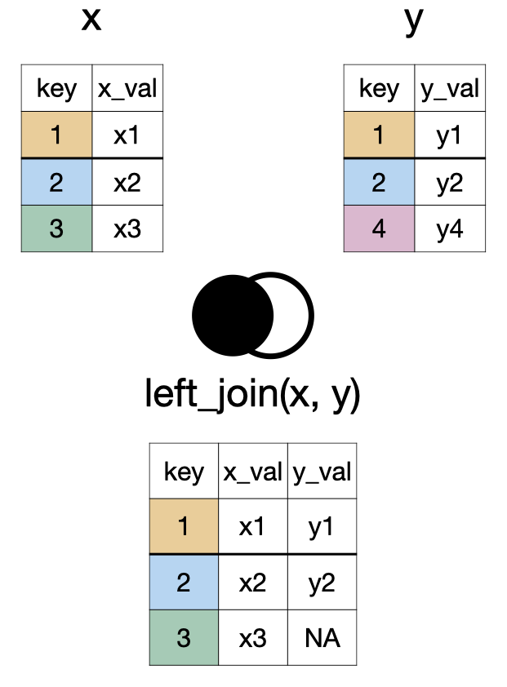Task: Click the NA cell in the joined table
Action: pyautogui.click(x=322, y=637)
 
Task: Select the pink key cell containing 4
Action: pyautogui.click(x=379, y=229)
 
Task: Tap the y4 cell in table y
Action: pyautogui.click(x=450, y=229)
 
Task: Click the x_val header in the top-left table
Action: pyautogui.click(x=127, y=88)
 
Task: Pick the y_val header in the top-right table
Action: pyautogui.click(x=450, y=88)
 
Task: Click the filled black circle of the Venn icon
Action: pyautogui.click(x=228, y=314)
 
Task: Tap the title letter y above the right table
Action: pyautogui.click(x=414, y=21)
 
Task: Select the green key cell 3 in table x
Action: pyautogui.click(x=56, y=229)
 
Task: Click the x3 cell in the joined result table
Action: pyautogui.click(x=252, y=637)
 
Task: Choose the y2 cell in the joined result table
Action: pyautogui.click(x=322, y=582)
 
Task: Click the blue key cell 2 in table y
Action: pyautogui.click(x=379, y=182)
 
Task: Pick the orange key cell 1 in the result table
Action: pyautogui.click(x=184, y=526)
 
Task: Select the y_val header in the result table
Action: pyautogui.click(x=322, y=472)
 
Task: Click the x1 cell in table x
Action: pyautogui.click(x=127, y=135)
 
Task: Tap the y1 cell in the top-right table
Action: pyautogui.click(x=450, y=135)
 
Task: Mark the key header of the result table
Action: pyautogui.click(x=184, y=472)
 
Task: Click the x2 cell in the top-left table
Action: pyautogui.click(x=127, y=182)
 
